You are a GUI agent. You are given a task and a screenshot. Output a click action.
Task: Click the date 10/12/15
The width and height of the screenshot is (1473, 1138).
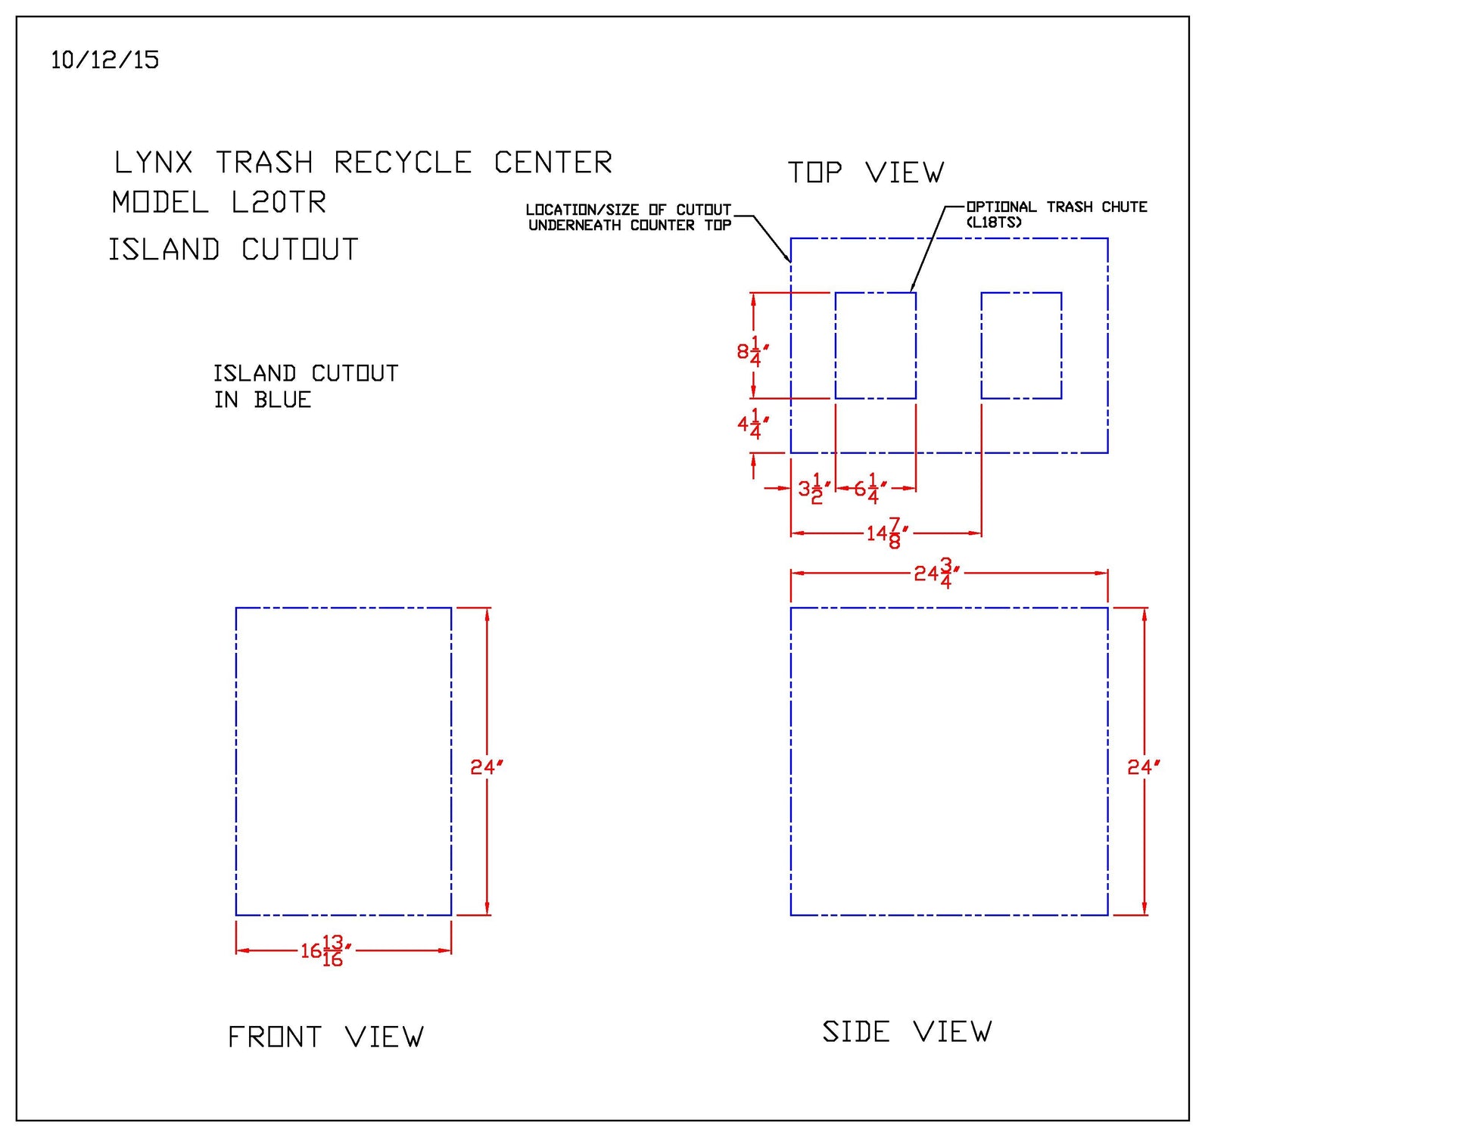104,60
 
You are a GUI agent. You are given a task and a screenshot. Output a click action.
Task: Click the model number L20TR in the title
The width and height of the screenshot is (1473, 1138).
279,203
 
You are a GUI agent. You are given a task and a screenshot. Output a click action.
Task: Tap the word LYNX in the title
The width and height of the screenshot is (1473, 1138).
153,163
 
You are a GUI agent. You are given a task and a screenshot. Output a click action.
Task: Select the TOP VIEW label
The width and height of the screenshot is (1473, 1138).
865,173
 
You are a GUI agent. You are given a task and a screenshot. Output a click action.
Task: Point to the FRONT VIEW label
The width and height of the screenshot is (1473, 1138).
325,1037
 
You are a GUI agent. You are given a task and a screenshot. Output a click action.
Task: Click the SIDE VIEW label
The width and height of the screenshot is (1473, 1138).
907,1032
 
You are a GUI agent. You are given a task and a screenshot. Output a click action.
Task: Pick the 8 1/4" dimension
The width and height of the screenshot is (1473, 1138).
752,351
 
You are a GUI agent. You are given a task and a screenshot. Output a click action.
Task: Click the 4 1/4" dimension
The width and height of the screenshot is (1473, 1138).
752,424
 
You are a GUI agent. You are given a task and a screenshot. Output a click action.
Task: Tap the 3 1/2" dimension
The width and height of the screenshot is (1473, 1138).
814,489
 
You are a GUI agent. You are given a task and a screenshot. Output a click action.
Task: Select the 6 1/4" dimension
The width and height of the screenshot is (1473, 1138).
870,489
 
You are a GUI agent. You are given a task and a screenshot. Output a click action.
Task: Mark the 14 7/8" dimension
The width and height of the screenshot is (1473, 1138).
886,533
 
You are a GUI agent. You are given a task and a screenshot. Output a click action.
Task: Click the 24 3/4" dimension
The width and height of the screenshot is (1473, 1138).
936,574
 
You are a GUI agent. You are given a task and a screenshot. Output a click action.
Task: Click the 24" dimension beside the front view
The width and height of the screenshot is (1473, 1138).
486,767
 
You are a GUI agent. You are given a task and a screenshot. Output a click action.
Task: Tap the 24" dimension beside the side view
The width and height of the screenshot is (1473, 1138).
1143,767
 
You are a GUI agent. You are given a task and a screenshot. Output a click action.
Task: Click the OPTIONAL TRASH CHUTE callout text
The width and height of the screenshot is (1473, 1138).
1057,207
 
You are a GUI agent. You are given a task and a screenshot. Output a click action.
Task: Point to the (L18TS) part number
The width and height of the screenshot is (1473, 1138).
994,222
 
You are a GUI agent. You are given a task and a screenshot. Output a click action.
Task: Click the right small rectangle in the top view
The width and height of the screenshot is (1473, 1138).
1021,345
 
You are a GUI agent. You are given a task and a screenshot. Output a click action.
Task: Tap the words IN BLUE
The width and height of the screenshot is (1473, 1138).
263,400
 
